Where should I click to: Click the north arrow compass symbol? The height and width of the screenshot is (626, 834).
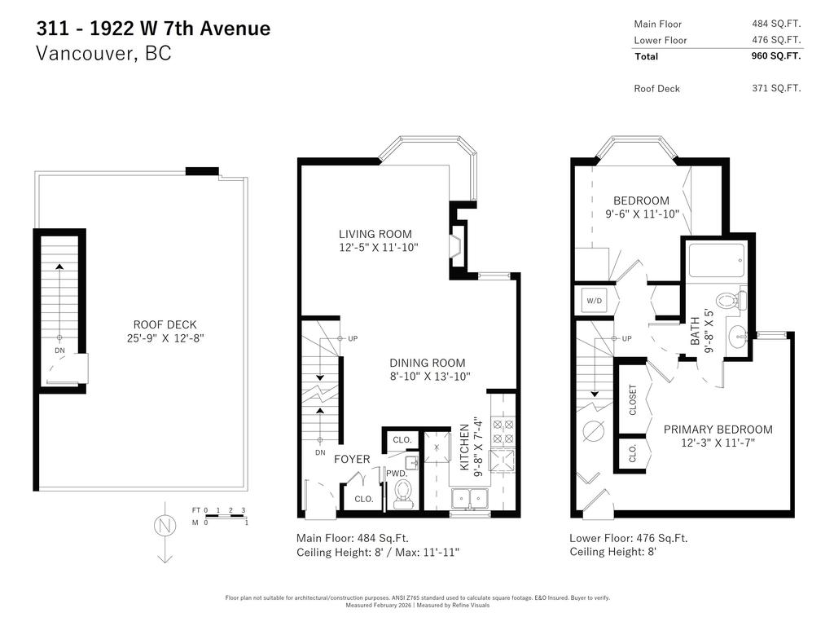click(x=164, y=528)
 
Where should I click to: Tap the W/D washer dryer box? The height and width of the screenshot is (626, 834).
click(x=594, y=301)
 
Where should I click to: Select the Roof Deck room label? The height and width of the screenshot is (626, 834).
click(x=165, y=324)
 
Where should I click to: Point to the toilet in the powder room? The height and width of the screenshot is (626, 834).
click(x=402, y=493)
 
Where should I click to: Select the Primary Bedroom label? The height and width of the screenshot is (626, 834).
click(x=718, y=430)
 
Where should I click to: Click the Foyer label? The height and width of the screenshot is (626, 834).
click(x=352, y=459)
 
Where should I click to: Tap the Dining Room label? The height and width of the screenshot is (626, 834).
click(x=427, y=363)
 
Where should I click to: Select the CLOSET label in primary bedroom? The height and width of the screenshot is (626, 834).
click(x=633, y=400)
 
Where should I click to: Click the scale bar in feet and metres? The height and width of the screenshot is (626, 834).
click(x=221, y=516)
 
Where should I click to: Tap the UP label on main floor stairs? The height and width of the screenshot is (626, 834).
click(x=353, y=338)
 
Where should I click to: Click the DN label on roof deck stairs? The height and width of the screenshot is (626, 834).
click(x=59, y=350)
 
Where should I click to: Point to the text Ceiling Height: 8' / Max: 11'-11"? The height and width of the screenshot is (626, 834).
click(x=377, y=553)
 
